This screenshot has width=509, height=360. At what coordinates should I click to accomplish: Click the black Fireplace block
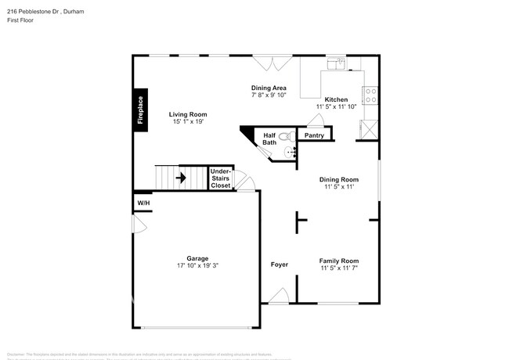pos(140,110)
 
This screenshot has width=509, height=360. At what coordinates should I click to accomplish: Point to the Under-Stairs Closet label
pos(221,178)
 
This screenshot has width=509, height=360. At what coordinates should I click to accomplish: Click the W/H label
pos(143,203)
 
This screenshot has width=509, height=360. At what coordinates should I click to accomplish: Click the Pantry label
pos(314,135)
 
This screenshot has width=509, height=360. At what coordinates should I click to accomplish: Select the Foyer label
pos(280,265)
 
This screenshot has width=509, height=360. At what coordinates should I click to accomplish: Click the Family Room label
pos(339,261)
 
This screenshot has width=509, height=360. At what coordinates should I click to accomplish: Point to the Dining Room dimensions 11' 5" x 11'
pos(339,187)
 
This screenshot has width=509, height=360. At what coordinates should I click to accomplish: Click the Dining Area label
pos(269,88)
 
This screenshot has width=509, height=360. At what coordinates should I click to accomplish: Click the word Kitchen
pos(336,99)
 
